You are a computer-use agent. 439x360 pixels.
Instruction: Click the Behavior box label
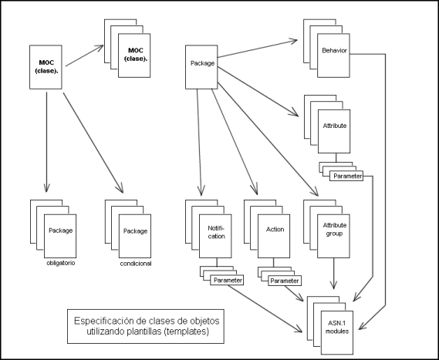(334, 51)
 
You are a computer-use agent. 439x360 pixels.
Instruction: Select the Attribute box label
(335, 126)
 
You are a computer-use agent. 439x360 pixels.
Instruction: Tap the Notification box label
(216, 232)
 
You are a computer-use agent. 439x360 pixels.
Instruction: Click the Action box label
(275, 230)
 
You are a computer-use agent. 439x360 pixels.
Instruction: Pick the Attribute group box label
(335, 230)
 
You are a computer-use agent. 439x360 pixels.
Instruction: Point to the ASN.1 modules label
(337, 328)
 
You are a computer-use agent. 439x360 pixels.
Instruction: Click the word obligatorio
(61, 263)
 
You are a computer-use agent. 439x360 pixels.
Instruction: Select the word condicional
(136, 264)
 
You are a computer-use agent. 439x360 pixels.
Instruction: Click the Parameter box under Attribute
(346, 176)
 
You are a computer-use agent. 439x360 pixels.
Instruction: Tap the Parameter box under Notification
(227, 281)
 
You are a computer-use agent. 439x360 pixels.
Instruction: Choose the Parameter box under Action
(285, 281)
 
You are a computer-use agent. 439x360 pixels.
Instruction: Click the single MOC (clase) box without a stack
(46, 67)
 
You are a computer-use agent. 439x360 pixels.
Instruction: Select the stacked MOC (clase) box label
(136, 55)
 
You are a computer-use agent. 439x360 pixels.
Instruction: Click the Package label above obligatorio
(60, 230)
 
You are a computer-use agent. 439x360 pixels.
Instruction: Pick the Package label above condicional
(135, 231)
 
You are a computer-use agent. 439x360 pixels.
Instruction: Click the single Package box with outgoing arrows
(201, 67)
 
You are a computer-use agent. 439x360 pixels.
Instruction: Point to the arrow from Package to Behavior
(257, 49)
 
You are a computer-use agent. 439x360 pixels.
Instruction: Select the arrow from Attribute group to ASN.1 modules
(333, 274)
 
